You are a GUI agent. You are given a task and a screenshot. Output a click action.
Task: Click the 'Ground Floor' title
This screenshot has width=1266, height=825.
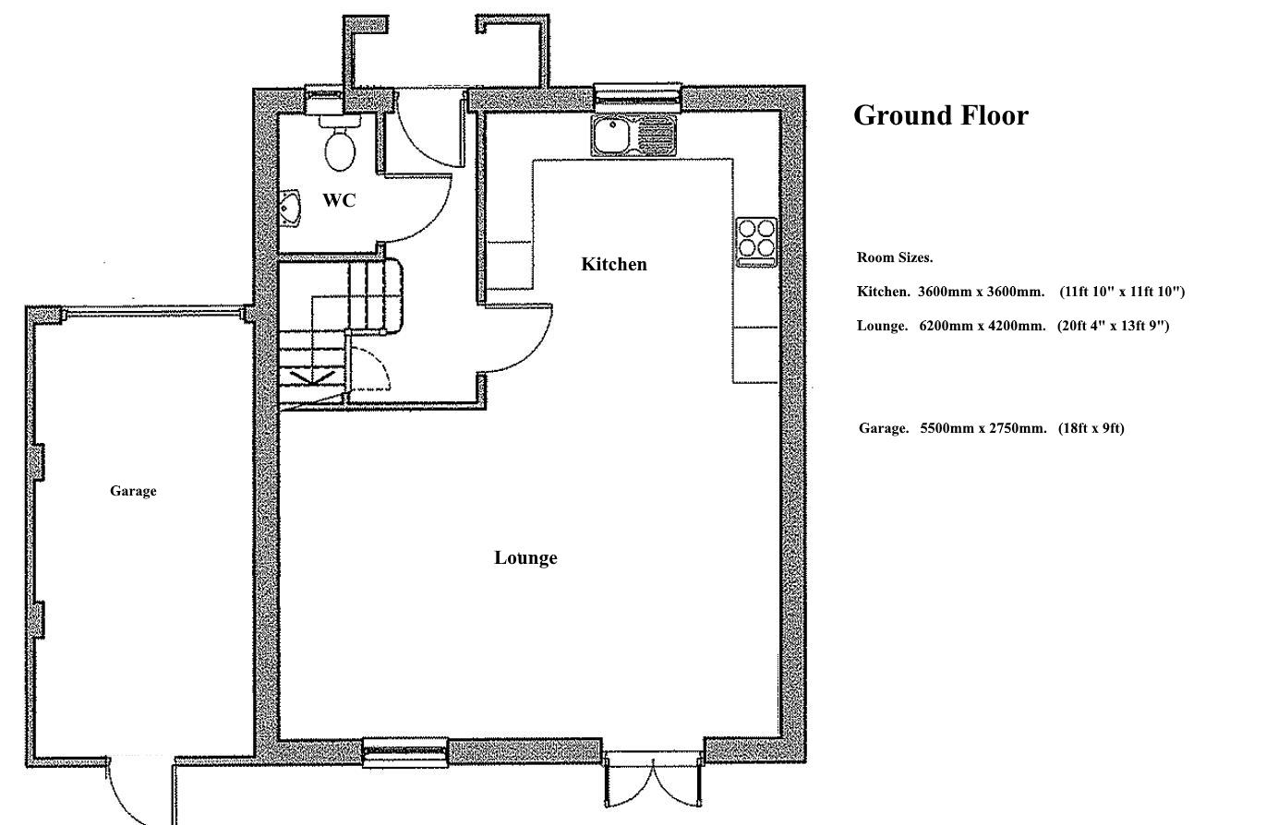(940, 115)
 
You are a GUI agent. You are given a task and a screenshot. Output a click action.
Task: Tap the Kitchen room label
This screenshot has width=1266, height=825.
(614, 265)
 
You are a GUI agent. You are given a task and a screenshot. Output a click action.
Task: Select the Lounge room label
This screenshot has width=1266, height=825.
(525, 557)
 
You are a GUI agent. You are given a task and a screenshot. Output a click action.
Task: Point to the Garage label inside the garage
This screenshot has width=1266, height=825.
(133, 491)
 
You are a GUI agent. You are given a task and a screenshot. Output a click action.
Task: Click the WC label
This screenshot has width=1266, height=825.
(339, 200)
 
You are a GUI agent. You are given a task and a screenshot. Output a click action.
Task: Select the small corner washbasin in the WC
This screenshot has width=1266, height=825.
(290, 209)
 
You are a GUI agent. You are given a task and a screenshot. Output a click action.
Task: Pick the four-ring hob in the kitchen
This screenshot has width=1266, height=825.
(756, 239)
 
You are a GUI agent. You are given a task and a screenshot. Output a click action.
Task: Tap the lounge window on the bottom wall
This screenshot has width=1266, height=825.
(404, 752)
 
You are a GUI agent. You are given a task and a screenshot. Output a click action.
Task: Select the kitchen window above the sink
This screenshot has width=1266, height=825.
(637, 93)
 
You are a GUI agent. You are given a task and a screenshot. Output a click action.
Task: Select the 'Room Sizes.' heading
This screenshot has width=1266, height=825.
(894, 257)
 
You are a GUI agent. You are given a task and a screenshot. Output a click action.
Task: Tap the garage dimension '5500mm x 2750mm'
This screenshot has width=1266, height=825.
(983, 428)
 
